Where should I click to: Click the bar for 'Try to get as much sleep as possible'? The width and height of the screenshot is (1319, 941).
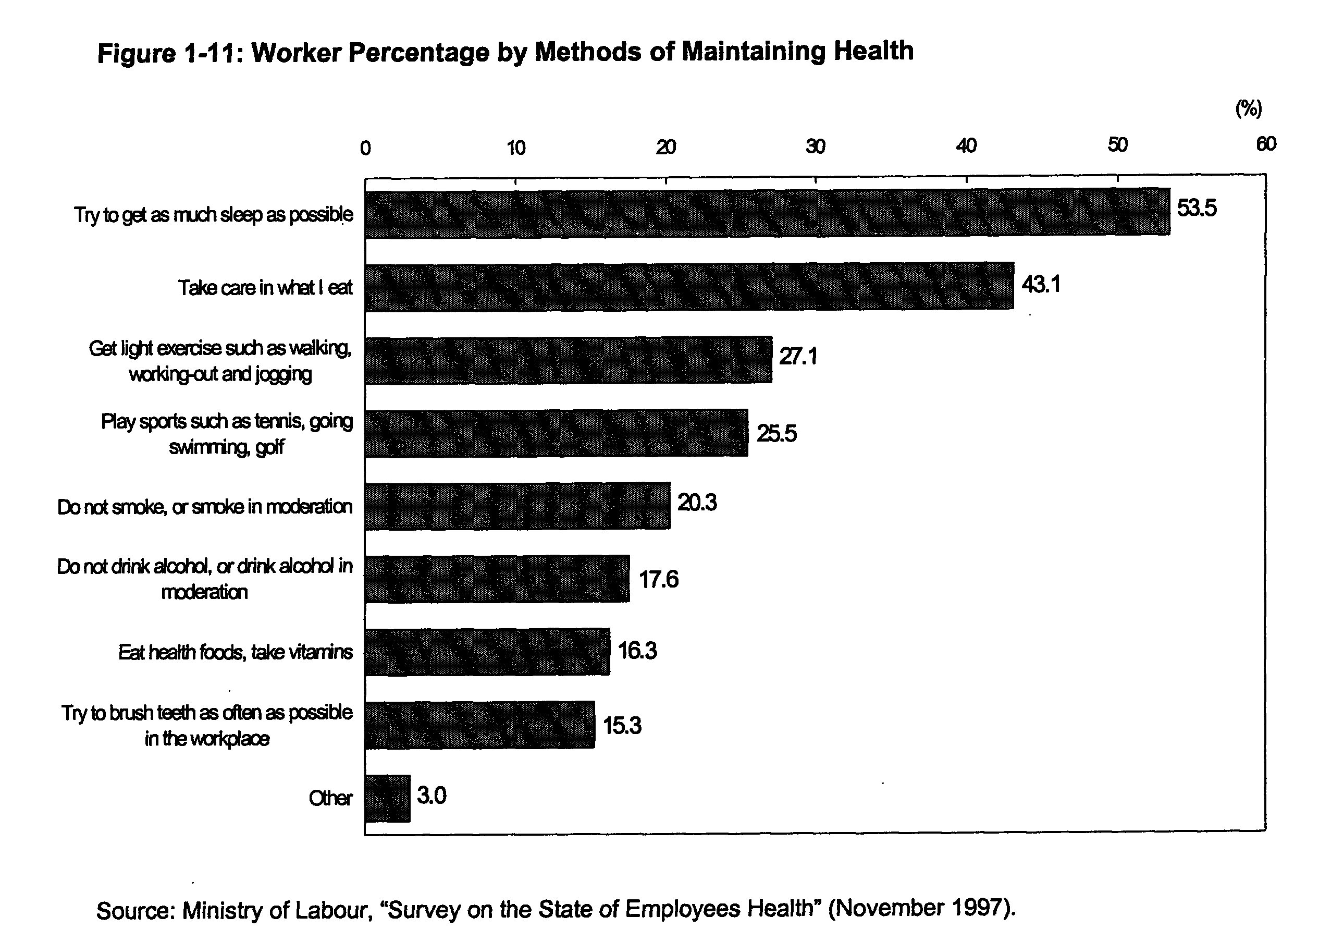767,213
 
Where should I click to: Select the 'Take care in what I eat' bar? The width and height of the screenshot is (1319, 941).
689,287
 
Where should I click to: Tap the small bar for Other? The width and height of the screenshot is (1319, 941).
388,799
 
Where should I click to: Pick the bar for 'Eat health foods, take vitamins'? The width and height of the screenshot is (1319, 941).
487,652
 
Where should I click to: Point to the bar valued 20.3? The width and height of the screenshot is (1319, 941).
517,506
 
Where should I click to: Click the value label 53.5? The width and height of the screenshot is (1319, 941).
1197,207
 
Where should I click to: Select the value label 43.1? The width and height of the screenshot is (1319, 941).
1041,285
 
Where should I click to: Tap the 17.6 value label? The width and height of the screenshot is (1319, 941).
659,579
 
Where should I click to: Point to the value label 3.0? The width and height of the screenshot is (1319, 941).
432,796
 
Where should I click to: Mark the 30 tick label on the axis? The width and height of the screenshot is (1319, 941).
816,146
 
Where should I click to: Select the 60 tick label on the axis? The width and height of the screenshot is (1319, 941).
1266,144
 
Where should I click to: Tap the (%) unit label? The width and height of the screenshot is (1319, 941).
1248,108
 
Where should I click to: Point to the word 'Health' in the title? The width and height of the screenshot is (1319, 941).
873,51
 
